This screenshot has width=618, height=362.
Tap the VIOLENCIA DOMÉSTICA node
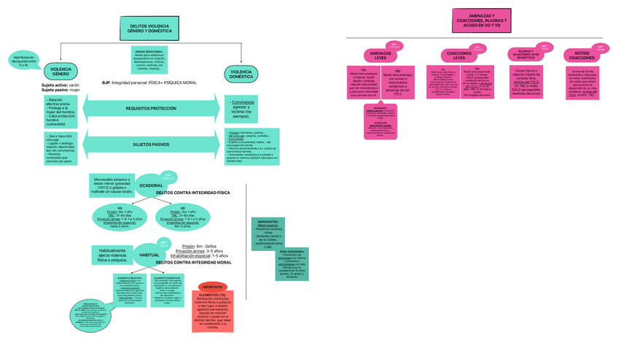(x=241, y=74)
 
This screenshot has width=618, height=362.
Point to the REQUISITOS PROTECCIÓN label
(x=151, y=108)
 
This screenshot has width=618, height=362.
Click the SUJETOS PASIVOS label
(x=151, y=145)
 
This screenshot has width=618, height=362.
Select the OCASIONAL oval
(x=152, y=185)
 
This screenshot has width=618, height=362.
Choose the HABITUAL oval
(x=149, y=255)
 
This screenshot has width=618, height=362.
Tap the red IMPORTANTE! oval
(x=212, y=288)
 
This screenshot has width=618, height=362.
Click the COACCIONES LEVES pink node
(x=458, y=55)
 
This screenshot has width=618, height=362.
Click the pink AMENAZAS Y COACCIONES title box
(x=479, y=21)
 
